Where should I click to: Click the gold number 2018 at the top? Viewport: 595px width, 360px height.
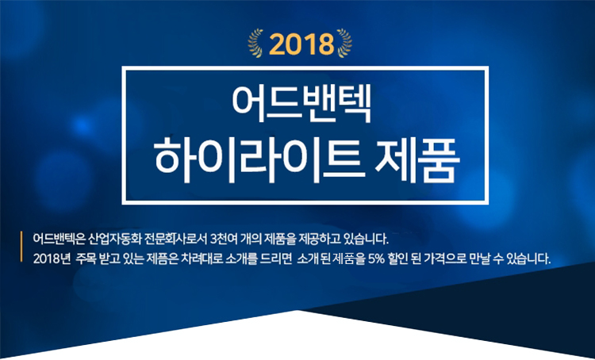(301, 44)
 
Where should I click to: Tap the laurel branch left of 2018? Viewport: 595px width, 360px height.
(255, 43)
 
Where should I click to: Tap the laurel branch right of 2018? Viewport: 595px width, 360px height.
(344, 43)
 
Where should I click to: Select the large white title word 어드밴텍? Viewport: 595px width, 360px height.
(301, 104)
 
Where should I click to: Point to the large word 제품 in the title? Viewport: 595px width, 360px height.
(417, 159)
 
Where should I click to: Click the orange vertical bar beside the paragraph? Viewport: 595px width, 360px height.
(21, 247)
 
